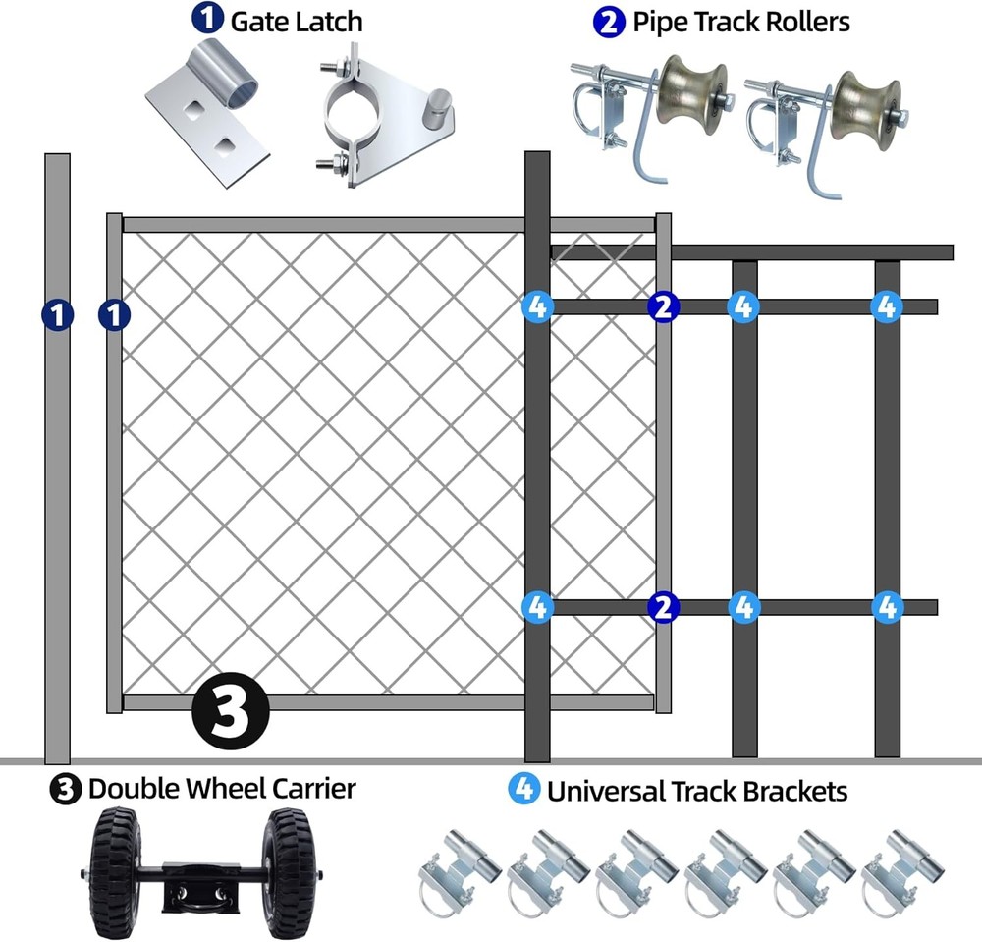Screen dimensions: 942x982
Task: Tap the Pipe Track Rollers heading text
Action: pos(740,22)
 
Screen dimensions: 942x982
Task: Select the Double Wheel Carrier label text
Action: pos(222,789)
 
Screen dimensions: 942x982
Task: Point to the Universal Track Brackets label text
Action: pos(697,790)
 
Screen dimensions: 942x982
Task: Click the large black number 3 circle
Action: pos(230,712)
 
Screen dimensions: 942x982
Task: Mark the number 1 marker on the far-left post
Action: pos(57,315)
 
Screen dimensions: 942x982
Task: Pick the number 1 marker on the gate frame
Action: pos(115,315)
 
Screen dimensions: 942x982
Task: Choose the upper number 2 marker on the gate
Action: pos(663,307)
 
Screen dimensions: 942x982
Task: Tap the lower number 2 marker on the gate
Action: pos(663,607)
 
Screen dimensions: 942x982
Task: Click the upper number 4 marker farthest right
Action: pos(886,307)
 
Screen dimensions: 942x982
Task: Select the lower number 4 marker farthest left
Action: pos(537,607)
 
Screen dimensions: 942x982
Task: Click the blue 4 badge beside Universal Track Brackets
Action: pos(523,790)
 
